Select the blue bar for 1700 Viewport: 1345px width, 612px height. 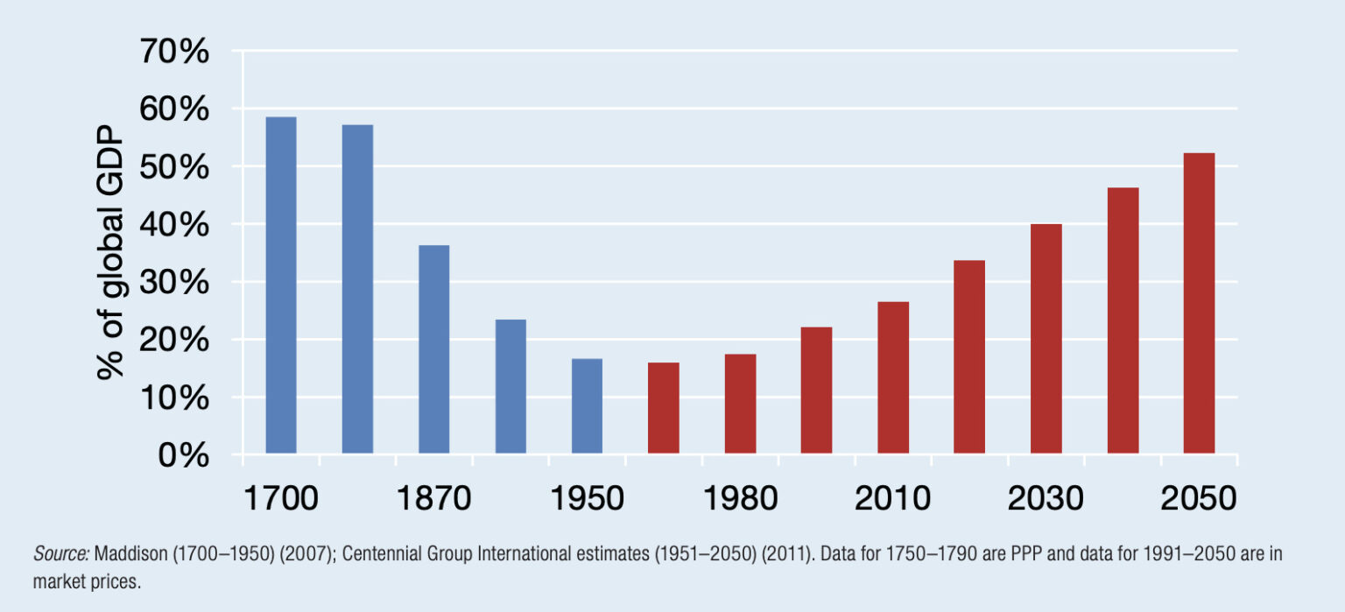[281, 285]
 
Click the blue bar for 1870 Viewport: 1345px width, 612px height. [434, 349]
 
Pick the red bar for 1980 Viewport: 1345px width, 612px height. [740, 404]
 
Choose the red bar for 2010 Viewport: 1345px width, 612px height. [893, 377]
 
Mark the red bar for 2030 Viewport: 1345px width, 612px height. [1046, 339]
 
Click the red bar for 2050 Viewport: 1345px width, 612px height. [1199, 303]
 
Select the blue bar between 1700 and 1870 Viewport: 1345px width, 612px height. [357, 289]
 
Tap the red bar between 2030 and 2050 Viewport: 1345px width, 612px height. [1123, 320]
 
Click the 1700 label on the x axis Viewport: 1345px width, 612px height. [280, 498]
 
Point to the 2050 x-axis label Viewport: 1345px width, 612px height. [1199, 498]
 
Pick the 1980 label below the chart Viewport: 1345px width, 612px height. [740, 498]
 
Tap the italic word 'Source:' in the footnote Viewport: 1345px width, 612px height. [60, 554]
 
